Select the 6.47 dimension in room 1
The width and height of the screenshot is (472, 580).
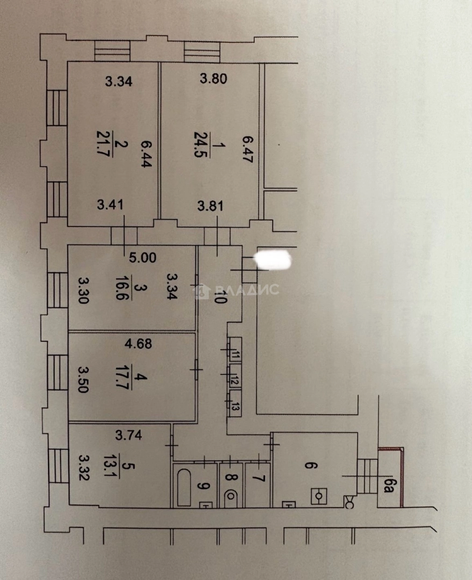click(x=247, y=149)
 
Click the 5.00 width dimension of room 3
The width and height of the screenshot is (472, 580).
click(x=142, y=257)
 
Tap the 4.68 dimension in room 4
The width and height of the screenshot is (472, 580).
click(x=138, y=344)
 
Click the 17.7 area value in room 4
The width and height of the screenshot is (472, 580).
click(x=122, y=378)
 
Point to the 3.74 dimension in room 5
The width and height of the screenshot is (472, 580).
click(x=128, y=435)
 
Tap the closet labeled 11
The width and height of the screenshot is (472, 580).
click(x=235, y=349)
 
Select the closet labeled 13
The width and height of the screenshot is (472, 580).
click(x=235, y=403)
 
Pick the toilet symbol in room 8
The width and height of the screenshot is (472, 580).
click(x=231, y=495)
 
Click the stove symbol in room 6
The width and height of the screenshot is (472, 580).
click(x=319, y=496)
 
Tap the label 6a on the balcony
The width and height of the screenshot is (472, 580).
click(x=387, y=485)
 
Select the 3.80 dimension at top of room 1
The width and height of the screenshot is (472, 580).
click(x=213, y=79)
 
